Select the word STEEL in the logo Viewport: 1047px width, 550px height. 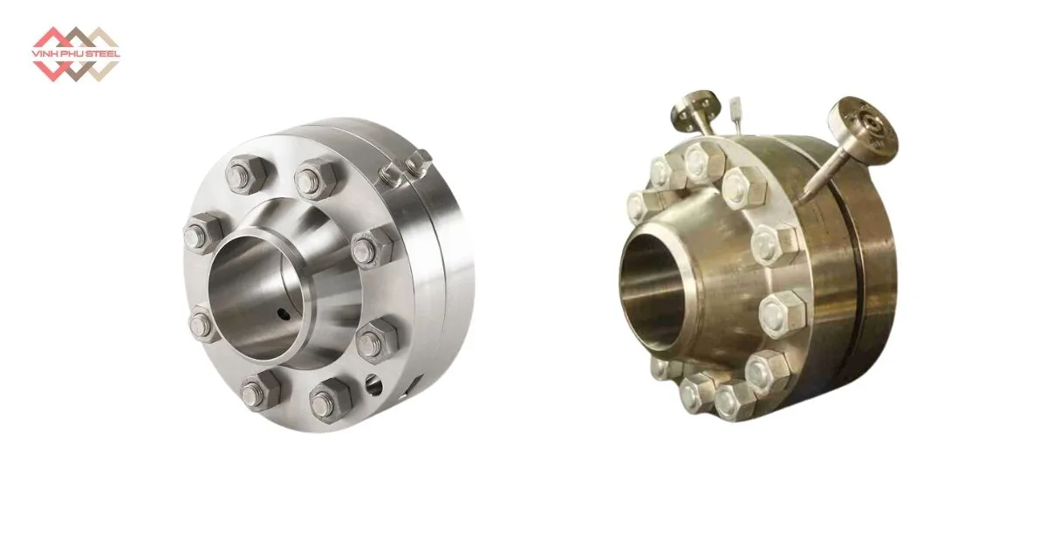point(105,54)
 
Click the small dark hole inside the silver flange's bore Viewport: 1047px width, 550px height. point(284,314)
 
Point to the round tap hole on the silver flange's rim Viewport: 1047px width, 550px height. point(373,385)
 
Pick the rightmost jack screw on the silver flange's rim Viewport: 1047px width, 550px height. point(418,163)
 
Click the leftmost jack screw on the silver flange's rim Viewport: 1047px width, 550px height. point(393,175)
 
